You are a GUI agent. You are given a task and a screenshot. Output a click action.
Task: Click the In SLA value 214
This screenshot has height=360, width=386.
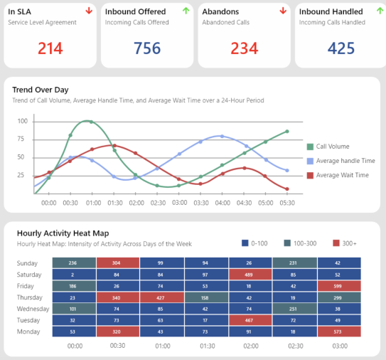tap(50, 48)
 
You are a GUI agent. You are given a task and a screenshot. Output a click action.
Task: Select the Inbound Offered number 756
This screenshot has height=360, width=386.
tap(147, 48)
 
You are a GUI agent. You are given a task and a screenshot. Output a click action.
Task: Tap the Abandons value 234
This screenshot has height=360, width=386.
tap(244, 48)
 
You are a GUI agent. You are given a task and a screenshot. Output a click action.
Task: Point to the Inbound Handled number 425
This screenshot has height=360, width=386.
tap(341, 48)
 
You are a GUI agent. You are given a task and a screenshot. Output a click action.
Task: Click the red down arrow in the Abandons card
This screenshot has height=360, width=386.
tap(282, 11)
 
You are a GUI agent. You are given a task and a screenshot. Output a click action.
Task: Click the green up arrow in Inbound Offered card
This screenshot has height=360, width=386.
tap(186, 11)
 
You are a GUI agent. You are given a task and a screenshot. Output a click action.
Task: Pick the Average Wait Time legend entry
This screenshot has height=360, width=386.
tap(341, 175)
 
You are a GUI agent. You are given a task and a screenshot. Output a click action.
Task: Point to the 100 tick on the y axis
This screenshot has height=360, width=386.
tap(22, 121)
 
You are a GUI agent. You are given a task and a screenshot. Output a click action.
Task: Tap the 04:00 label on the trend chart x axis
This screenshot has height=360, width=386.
tap(223, 202)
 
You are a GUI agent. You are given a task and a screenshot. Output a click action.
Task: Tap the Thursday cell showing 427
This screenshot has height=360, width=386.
tap(161, 297)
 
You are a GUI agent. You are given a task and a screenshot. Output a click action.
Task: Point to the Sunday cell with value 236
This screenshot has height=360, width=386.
tap(73, 263)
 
